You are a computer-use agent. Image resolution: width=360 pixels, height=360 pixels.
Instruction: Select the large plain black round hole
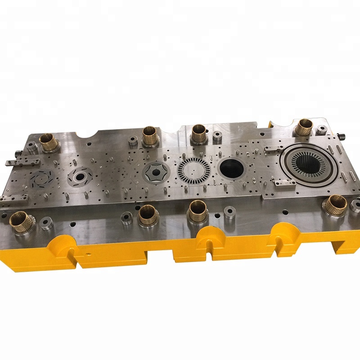pyautogui.click(x=231, y=168)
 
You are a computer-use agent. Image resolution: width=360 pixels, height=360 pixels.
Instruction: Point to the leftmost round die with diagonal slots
pyautogui.click(x=44, y=178)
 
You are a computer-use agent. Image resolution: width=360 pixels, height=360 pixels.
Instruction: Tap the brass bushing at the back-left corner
pyautogui.click(x=49, y=142)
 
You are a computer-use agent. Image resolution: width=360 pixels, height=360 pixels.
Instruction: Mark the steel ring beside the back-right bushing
pyautogui.click(x=321, y=130)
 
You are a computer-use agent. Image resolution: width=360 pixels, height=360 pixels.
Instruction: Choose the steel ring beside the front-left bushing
pyautogui.click(x=46, y=223)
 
